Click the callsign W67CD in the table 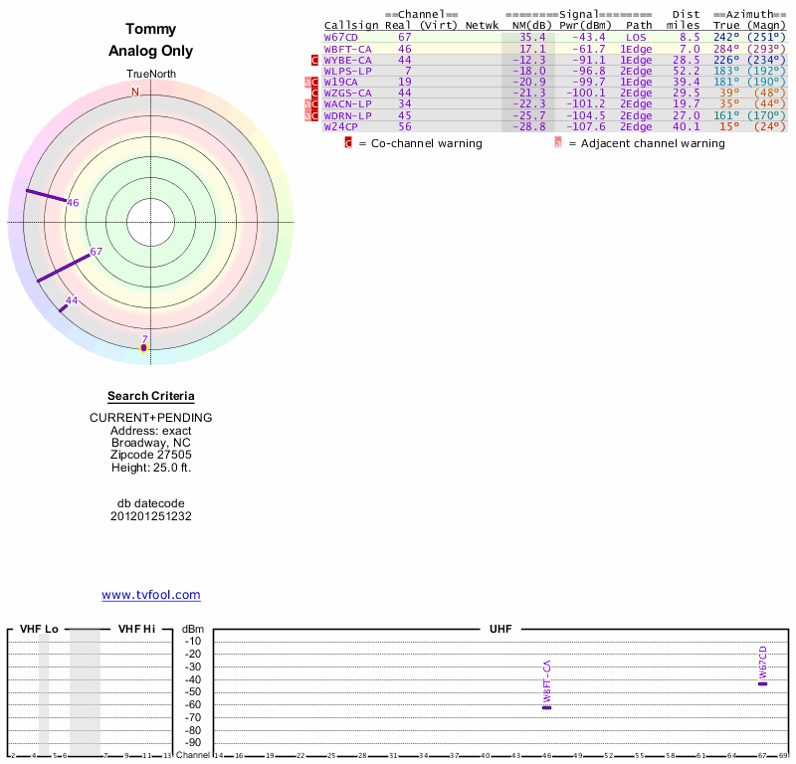click(340, 37)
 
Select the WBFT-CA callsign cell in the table click(347, 49)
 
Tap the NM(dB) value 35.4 click(532, 37)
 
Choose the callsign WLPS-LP click(347, 72)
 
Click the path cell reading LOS click(636, 37)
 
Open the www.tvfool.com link click(151, 595)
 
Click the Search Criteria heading click(151, 397)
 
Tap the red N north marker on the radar click(135, 93)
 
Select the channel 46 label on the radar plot click(73, 203)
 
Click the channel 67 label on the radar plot click(97, 252)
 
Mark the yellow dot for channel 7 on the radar click(143, 347)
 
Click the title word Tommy click(151, 29)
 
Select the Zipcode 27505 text click(151, 455)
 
